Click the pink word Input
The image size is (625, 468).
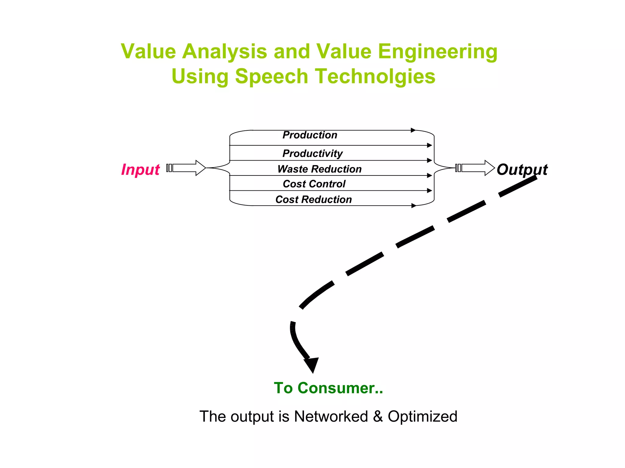140,169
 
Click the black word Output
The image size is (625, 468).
522,169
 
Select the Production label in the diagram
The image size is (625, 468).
310,135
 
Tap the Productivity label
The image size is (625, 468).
312,153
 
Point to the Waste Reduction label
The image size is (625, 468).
319,169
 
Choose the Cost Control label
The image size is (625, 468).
314,184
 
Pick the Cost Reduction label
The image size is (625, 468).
313,199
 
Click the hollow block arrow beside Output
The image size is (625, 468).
476,168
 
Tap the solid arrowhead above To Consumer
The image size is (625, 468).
312,364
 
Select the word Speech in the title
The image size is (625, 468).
272,76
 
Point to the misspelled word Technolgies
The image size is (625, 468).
375,76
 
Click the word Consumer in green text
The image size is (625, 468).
340,388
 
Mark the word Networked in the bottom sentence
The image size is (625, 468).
331,416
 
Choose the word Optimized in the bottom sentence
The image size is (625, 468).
422,416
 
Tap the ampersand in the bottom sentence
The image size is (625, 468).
378,417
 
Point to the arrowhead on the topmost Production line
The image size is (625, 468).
413,130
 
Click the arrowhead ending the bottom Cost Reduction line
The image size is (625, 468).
414,206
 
